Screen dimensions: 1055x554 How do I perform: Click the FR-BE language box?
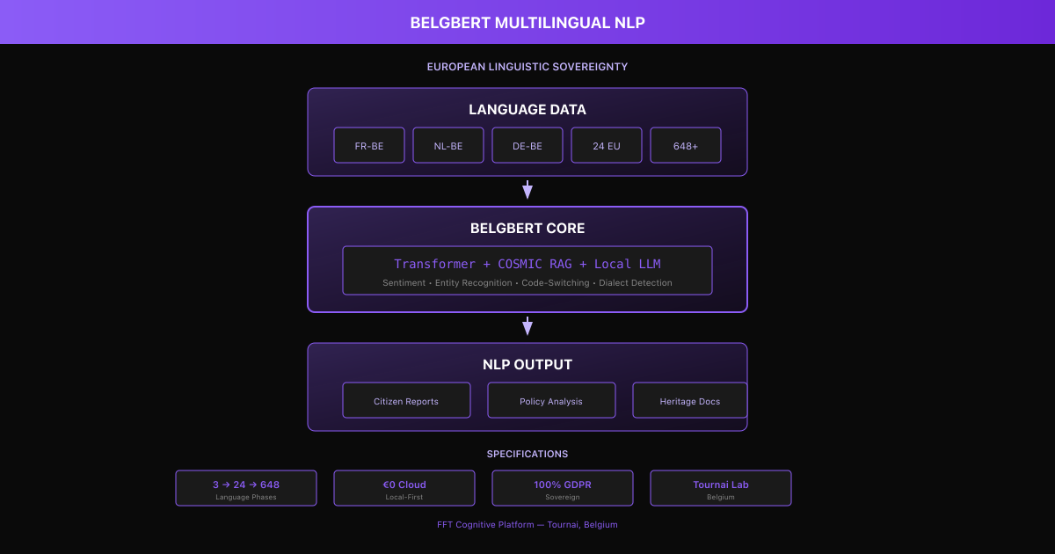369,146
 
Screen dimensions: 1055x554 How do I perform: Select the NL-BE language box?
448,146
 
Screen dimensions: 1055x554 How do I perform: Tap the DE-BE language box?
527,146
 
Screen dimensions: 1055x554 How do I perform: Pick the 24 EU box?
607,146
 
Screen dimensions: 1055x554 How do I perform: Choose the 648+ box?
686,146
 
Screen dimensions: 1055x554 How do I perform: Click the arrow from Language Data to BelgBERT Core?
527,190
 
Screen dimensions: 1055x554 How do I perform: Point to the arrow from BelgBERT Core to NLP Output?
527,326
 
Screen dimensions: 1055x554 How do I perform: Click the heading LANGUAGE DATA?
527,110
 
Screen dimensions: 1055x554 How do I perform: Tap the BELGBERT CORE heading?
527,229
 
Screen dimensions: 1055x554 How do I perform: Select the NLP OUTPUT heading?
527,365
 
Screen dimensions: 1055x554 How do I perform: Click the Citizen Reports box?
406,401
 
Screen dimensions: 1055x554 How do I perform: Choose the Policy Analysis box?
551,401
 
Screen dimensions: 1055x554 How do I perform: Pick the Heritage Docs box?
690,401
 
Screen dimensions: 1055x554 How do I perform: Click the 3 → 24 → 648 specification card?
246,488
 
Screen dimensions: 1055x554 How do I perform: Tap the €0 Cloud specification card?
404,488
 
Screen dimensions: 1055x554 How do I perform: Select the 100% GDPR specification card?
563,488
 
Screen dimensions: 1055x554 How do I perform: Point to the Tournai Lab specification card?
721,488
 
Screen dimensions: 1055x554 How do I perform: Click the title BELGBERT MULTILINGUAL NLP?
527,23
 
